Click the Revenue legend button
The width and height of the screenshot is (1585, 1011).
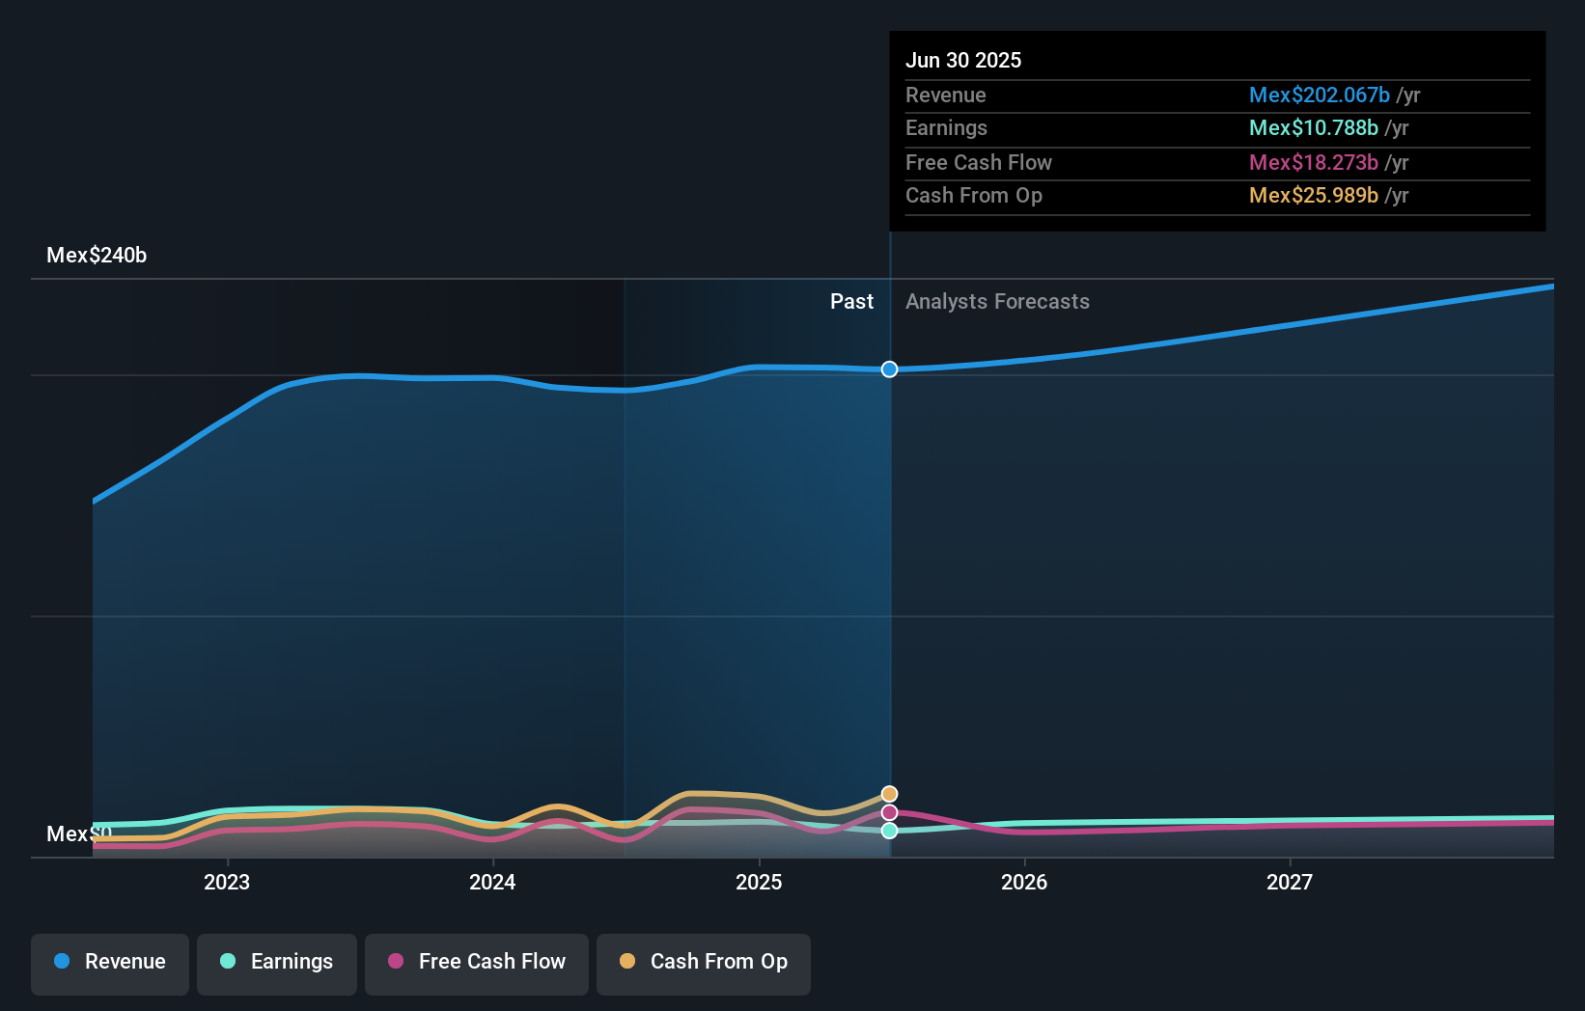click(x=110, y=962)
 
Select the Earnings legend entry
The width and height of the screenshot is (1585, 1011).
click(x=277, y=962)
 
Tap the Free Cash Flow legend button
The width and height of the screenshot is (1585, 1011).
click(x=477, y=962)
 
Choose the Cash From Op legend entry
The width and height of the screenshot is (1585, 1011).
click(x=704, y=962)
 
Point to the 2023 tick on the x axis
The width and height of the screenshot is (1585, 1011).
click(x=227, y=882)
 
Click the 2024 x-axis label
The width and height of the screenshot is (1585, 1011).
click(x=492, y=882)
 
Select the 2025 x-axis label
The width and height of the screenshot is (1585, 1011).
click(x=759, y=882)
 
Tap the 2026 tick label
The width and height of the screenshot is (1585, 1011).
click(x=1024, y=882)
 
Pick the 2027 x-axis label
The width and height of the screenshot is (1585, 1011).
click(x=1290, y=882)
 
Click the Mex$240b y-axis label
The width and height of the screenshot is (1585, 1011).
click(x=97, y=256)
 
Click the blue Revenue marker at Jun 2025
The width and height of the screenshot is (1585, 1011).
click(x=889, y=369)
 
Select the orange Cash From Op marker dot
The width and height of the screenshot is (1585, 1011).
click(x=889, y=794)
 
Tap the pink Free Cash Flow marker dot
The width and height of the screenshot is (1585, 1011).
click(x=889, y=813)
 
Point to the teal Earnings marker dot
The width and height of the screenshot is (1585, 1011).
click(x=889, y=831)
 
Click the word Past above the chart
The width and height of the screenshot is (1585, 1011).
click(x=851, y=302)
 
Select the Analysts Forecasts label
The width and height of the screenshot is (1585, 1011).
click(x=997, y=302)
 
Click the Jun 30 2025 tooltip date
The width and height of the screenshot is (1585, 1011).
click(x=962, y=61)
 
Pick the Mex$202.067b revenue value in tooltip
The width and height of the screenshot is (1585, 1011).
click(x=1319, y=96)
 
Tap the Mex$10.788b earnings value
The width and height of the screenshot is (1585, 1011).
click(x=1313, y=128)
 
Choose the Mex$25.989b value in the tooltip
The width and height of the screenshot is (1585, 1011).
click(x=1313, y=196)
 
